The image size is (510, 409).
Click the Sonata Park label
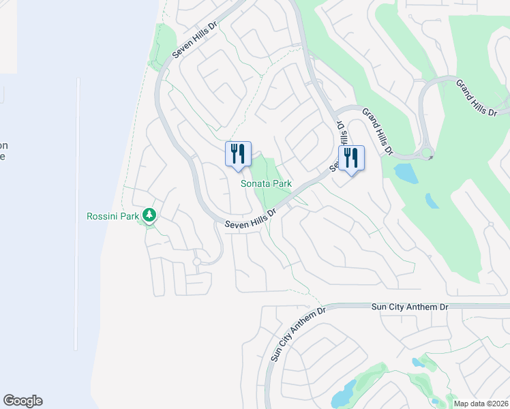266,183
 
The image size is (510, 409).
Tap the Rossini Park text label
113,217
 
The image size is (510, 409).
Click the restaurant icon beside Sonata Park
238,154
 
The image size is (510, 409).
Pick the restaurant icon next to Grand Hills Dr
351,158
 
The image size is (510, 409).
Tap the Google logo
22,401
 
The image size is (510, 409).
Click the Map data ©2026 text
481,404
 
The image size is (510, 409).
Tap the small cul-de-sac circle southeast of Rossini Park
196,262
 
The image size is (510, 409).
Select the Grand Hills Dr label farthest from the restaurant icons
471,96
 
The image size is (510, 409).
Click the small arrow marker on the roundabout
431,158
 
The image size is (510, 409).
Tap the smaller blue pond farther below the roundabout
432,200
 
